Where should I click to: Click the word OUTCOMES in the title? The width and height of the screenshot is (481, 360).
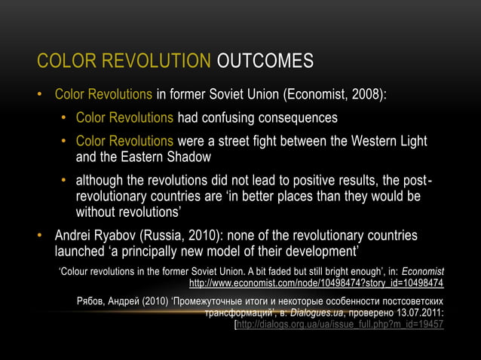coord(265,61)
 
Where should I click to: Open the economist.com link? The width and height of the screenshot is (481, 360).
coord(316,284)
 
